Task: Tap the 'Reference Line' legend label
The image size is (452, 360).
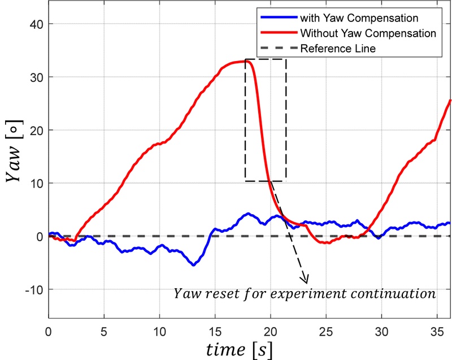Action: coord(338,49)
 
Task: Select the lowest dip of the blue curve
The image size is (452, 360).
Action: coord(193,264)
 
